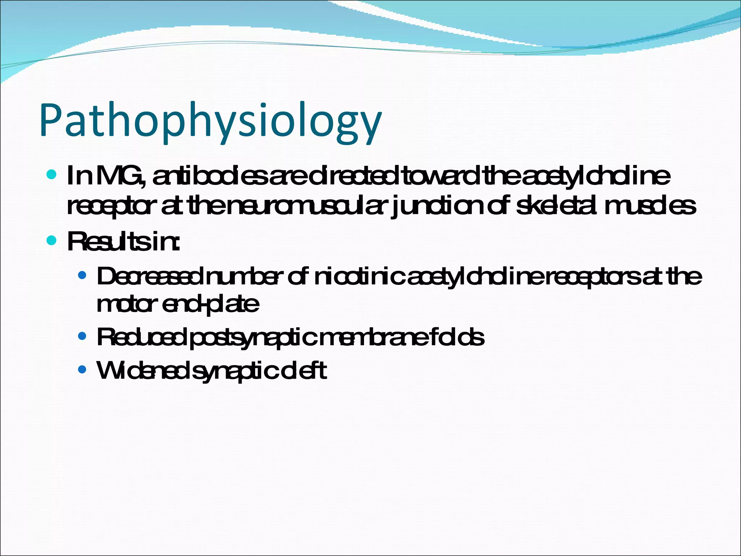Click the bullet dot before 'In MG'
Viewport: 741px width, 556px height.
(x=52, y=175)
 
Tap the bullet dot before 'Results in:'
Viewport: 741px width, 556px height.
(x=52, y=240)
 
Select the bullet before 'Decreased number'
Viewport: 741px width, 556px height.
(x=82, y=276)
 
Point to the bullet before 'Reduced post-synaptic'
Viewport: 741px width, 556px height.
(x=82, y=336)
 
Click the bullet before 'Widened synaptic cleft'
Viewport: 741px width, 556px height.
(x=82, y=370)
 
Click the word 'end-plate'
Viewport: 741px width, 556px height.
(x=211, y=305)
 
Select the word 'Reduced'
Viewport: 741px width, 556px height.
(x=142, y=337)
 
